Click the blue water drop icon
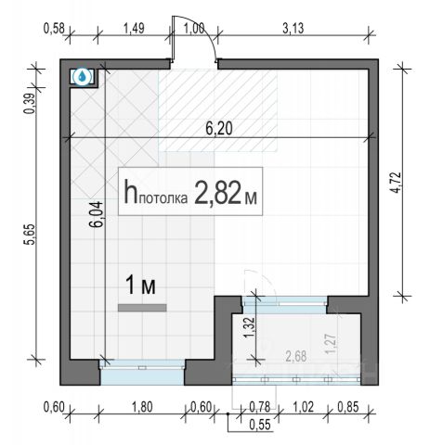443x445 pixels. (x=82, y=76)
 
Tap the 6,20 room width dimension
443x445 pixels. (x=219, y=129)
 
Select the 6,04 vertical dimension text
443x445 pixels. (x=96, y=214)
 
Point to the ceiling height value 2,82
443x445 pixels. (x=217, y=193)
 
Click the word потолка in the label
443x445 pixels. (x=163, y=198)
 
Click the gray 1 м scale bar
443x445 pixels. (x=142, y=308)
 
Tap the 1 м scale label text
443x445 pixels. (x=141, y=286)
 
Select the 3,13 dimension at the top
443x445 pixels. (x=293, y=29)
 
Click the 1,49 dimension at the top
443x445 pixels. (x=134, y=29)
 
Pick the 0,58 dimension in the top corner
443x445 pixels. (x=54, y=29)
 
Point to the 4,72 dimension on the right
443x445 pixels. (x=397, y=183)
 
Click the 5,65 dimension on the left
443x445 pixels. (x=31, y=235)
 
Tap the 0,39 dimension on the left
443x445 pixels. (x=31, y=104)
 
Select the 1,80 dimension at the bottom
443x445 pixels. (x=142, y=407)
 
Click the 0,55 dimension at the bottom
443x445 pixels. (x=260, y=425)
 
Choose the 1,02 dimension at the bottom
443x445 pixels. (x=303, y=407)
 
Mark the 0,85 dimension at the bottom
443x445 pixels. (x=348, y=407)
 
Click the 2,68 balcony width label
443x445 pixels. (x=296, y=356)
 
